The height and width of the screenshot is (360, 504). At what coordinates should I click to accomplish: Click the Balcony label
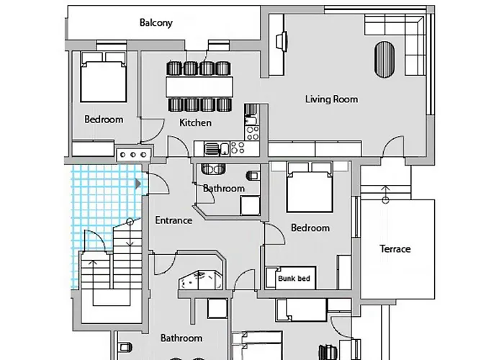click(x=156, y=22)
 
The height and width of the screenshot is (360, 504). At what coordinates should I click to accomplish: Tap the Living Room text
click(x=331, y=99)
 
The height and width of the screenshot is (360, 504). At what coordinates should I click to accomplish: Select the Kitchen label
click(x=195, y=122)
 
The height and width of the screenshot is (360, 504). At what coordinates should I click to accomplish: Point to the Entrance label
click(x=174, y=220)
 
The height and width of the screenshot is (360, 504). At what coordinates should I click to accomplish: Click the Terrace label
click(x=395, y=249)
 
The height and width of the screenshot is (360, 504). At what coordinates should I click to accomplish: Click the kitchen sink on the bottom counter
click(x=214, y=149)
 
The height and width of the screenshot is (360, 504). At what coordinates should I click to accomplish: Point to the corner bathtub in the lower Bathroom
click(x=199, y=281)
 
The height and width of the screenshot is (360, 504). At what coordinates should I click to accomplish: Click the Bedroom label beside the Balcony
click(x=103, y=120)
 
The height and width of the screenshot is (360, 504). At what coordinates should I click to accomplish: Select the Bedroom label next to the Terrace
click(x=310, y=228)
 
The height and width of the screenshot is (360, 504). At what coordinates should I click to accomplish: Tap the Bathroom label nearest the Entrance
click(x=223, y=189)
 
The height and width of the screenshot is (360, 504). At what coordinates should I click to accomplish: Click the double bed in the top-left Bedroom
click(x=103, y=78)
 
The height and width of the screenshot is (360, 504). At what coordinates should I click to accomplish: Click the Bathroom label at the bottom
click(x=181, y=338)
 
